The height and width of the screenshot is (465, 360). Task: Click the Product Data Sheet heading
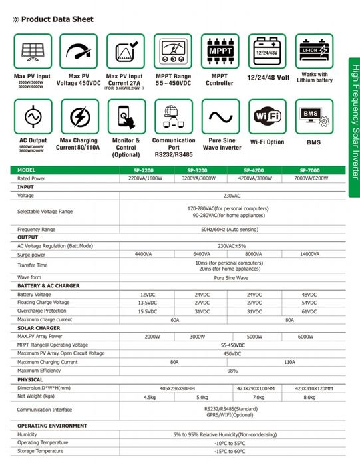[x=57, y=19]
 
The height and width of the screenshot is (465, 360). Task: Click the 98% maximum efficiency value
[x=232, y=371]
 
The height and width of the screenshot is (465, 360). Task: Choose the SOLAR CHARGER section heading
[x=39, y=328]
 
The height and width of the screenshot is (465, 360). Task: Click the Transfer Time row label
[x=33, y=265]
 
